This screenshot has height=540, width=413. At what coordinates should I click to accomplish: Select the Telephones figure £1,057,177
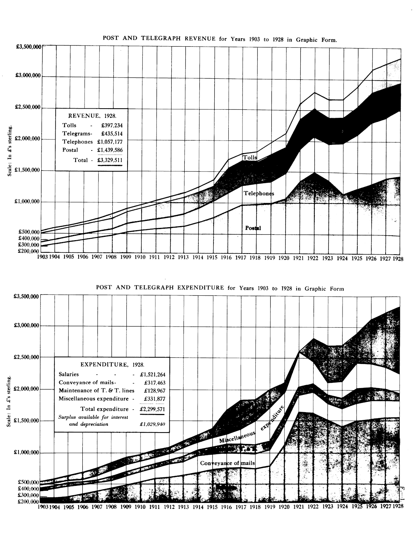(110, 142)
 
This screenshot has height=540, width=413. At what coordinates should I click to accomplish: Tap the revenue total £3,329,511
(110, 160)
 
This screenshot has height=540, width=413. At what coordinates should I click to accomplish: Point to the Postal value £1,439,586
(110, 150)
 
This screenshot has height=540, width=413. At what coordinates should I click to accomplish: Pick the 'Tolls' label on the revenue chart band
(250, 158)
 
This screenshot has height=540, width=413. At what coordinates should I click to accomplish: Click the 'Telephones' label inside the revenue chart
(259, 193)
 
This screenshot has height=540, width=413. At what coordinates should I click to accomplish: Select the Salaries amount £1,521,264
(153, 375)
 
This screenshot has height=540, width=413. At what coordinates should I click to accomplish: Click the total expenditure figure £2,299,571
(152, 410)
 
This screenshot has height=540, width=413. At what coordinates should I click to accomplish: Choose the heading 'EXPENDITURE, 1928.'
(112, 365)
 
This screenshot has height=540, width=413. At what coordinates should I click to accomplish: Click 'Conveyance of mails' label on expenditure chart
(227, 463)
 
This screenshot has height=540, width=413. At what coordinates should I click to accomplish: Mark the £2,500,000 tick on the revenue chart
(27, 108)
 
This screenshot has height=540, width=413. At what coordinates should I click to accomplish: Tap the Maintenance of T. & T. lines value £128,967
(154, 391)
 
